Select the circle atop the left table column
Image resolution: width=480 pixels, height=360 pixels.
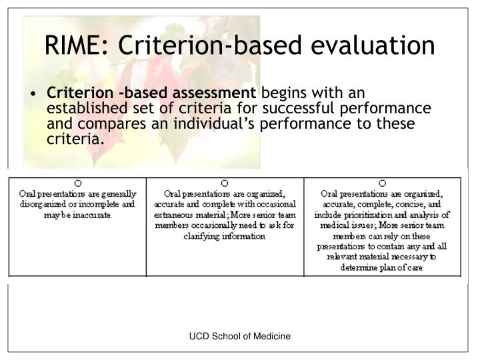click(77, 183)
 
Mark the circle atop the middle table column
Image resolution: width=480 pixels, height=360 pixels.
click(225, 183)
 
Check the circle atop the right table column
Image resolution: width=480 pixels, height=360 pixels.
click(382, 183)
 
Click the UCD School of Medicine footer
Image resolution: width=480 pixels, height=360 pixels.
click(240, 338)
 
